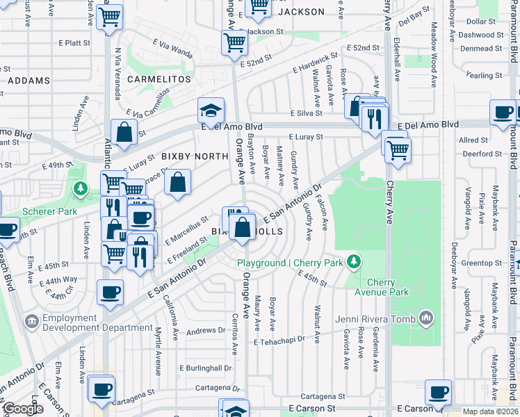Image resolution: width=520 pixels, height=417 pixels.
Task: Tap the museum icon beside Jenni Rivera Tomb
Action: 427,319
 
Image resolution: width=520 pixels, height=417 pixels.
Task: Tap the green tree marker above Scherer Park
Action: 81,188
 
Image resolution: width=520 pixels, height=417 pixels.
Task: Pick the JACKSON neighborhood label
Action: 301,12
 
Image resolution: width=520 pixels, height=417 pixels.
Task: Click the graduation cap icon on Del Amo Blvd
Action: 211,111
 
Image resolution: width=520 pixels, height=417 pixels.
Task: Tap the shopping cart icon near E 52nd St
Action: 235,42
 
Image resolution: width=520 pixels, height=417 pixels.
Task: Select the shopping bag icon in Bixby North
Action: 178,183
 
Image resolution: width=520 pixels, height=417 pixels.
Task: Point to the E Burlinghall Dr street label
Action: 205,368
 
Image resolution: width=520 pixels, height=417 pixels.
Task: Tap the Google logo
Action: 23,409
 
